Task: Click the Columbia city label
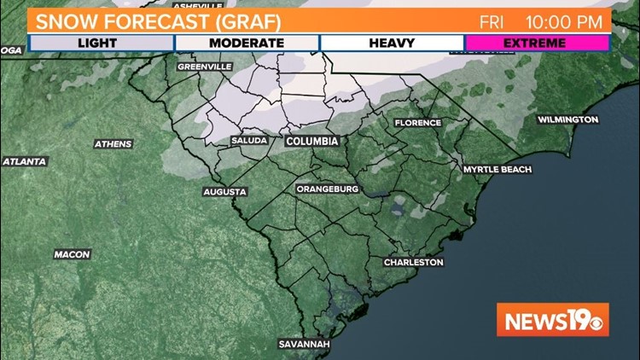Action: click(311, 141)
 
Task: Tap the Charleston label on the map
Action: click(413, 263)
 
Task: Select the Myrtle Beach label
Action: click(497, 170)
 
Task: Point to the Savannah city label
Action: click(303, 345)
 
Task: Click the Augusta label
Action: click(224, 192)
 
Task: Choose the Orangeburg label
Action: click(328, 189)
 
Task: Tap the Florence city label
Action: click(417, 123)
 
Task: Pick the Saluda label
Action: click(249, 141)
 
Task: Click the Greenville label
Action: click(204, 66)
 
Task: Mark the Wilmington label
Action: click(567, 119)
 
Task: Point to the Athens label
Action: click(113, 144)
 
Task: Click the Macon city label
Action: click(72, 254)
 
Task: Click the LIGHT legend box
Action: click(102, 43)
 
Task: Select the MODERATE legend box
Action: click(247, 43)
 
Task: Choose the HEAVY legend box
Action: click(392, 43)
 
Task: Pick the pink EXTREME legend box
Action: click(537, 43)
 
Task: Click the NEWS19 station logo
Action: click(553, 320)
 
